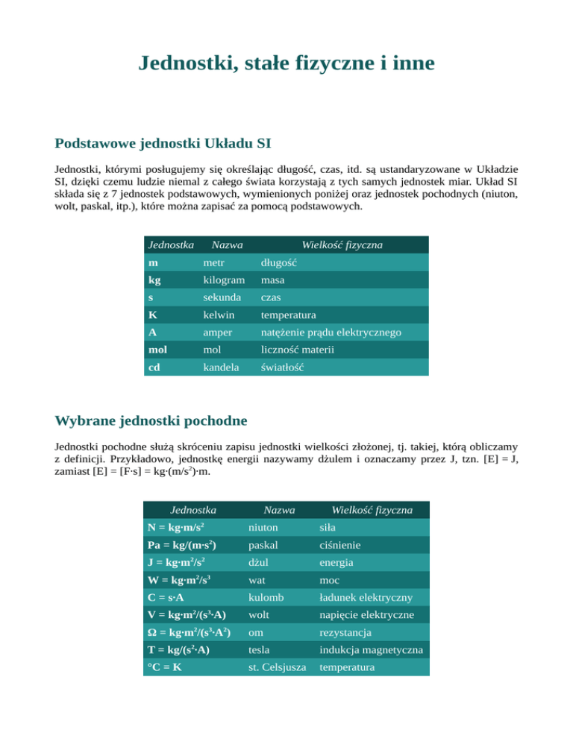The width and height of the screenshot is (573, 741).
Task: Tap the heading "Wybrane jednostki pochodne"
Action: (x=151, y=421)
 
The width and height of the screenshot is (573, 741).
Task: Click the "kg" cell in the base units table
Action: (x=154, y=280)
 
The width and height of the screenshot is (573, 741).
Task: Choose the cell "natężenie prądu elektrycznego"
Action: (x=331, y=332)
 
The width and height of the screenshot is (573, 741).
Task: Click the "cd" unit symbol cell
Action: (x=154, y=368)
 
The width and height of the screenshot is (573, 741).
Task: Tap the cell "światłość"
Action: (x=284, y=368)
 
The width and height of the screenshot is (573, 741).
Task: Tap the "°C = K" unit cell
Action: (x=165, y=669)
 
